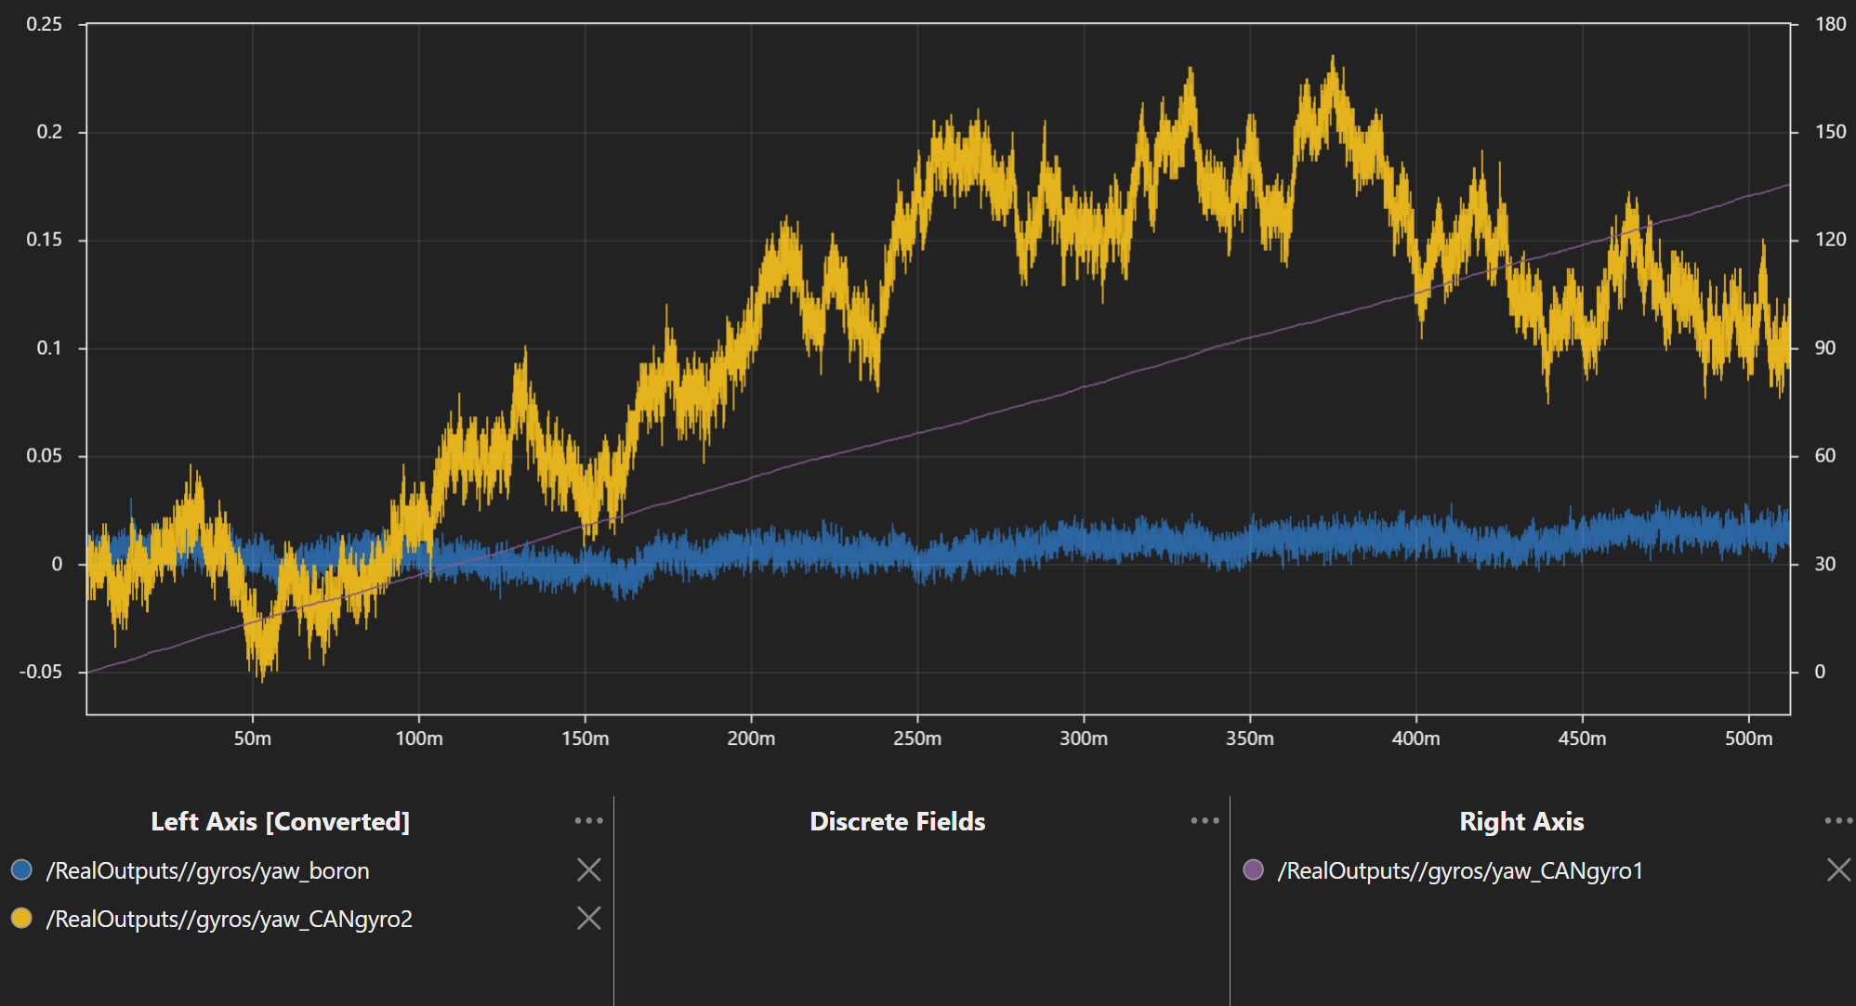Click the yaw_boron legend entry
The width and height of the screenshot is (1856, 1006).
point(207,870)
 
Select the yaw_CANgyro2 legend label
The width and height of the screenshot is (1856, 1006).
point(229,919)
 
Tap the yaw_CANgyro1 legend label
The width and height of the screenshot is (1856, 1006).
point(1460,870)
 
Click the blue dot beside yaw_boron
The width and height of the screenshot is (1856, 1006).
point(21,869)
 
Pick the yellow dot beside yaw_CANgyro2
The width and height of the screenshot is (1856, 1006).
point(21,918)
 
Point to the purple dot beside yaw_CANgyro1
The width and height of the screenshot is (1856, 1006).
point(1253,869)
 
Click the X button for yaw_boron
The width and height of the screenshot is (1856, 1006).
point(589,869)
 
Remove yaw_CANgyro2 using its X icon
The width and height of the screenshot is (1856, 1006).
point(589,918)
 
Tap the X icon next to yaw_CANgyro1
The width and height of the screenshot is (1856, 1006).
point(1838,869)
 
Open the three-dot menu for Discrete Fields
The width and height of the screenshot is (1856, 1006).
point(1204,820)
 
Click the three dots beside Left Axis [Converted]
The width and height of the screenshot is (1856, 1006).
point(588,820)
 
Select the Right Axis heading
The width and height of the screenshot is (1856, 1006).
point(1521,821)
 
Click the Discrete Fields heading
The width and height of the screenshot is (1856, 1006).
point(897,821)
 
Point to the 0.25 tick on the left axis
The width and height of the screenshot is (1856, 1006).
point(44,24)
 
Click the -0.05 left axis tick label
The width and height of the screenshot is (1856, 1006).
point(40,672)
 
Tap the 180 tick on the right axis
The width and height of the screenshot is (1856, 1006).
point(1830,24)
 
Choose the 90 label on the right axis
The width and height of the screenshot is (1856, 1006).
point(1824,348)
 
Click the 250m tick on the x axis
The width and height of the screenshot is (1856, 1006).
point(917,738)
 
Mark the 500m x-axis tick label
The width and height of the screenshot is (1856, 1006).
point(1748,738)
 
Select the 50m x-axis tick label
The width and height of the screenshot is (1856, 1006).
point(252,738)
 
